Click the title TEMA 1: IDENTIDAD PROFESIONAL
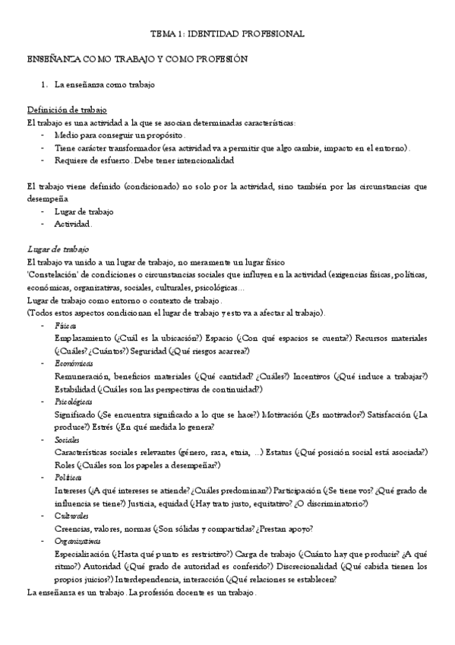(x=227, y=34)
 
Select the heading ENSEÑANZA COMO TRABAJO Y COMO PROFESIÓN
(x=137, y=59)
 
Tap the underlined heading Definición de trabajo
(x=67, y=110)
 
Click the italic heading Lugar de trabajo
(x=58, y=249)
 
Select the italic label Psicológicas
(x=74, y=401)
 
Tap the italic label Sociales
(x=67, y=439)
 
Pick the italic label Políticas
(x=68, y=477)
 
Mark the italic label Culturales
(x=71, y=515)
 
